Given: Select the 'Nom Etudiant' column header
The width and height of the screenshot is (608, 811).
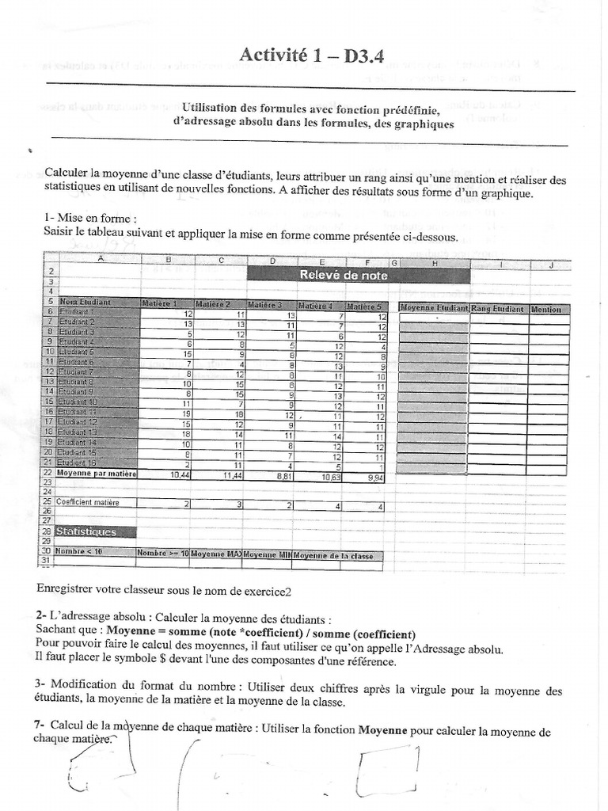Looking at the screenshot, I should [x=85, y=302].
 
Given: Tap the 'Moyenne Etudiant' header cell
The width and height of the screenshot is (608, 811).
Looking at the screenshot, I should [x=434, y=308].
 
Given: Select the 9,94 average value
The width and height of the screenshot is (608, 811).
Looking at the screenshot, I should [x=372, y=478].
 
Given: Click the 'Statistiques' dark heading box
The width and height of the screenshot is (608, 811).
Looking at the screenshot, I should [x=87, y=531].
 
